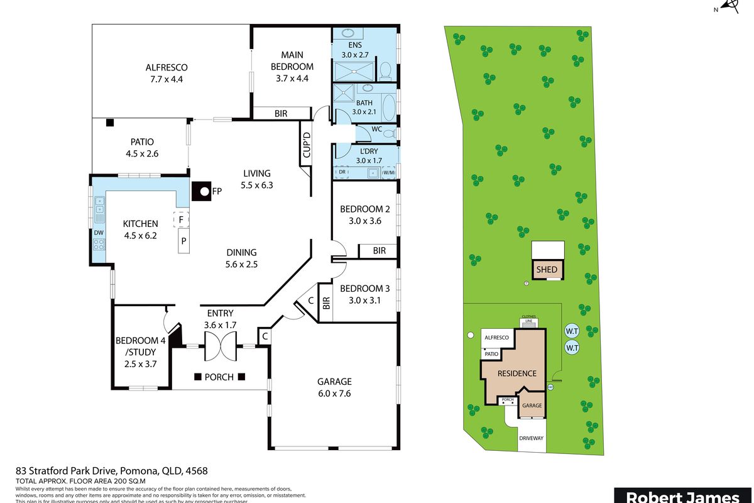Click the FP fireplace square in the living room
point(202,191)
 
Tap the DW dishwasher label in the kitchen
point(99,232)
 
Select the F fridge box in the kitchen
point(181,220)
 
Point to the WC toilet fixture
point(389,133)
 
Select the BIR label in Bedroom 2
point(379,251)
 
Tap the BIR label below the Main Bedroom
point(281,114)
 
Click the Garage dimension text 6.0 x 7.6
point(334,394)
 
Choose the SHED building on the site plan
point(546,270)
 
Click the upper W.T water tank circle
point(571,331)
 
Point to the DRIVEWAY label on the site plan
point(532,438)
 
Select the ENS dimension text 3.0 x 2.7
point(357,55)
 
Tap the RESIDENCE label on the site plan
point(517,373)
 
